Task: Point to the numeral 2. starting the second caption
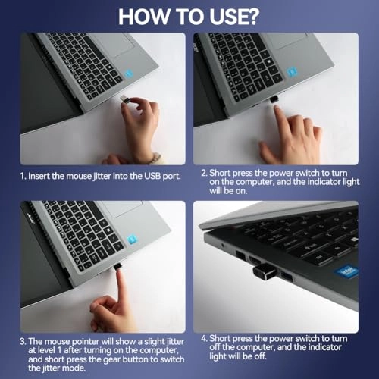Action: pyautogui.click(x=205, y=173)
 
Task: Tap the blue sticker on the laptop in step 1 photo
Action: pyautogui.click(x=130, y=75)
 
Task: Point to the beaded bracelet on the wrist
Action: pyautogui.click(x=155, y=158)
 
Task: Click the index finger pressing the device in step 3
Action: pyautogui.click(x=120, y=284)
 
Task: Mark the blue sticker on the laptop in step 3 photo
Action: pyautogui.click(x=133, y=239)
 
